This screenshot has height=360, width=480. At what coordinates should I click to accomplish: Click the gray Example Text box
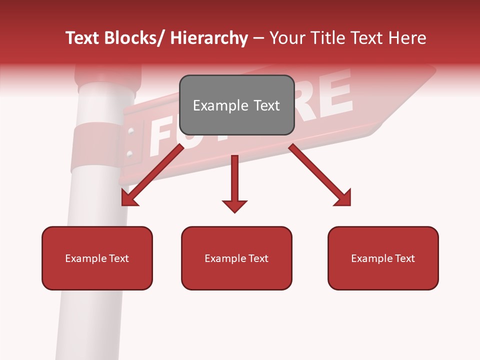click(236, 105)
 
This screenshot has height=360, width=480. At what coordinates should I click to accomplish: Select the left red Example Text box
click(97, 258)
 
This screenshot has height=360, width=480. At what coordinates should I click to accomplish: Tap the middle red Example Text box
click(236, 258)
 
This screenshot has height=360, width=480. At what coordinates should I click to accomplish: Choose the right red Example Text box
click(383, 258)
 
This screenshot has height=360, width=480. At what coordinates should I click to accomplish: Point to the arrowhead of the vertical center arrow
click(234, 205)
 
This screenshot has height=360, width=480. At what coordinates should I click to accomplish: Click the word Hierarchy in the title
click(209, 38)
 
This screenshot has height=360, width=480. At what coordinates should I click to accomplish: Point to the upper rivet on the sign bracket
click(131, 132)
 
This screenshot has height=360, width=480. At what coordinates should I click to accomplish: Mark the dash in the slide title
click(258, 38)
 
